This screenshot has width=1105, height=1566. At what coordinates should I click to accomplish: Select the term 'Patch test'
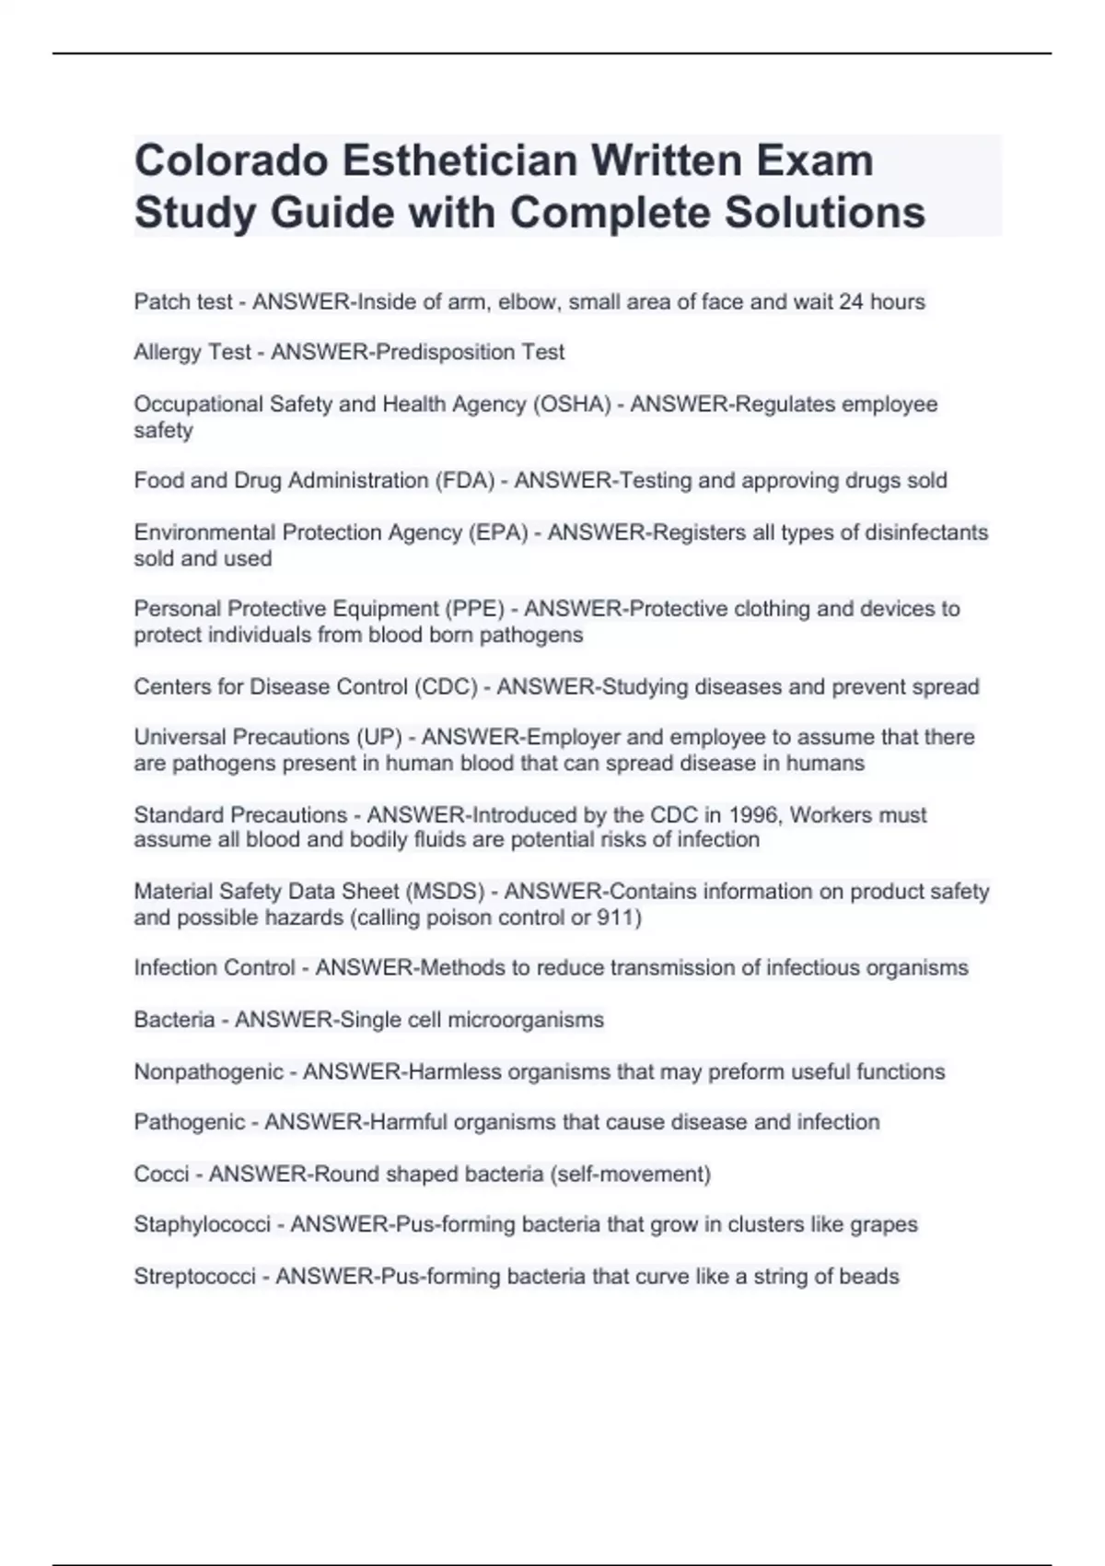coord(182,302)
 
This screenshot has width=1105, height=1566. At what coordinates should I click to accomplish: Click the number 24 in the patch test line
coord(850,302)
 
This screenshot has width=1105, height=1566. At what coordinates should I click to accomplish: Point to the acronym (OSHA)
coord(572,404)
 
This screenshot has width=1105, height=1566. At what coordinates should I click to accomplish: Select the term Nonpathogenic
coord(208,1072)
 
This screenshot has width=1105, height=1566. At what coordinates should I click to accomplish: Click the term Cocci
coord(161,1174)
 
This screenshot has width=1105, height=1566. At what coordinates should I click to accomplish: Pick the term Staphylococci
coord(202,1225)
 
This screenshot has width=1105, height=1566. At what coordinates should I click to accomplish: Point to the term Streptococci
coord(194,1277)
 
